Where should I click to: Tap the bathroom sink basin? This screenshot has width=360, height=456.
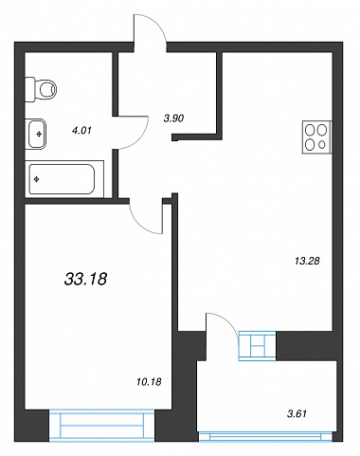tap(36, 134)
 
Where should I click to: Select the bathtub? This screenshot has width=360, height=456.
tap(64, 179)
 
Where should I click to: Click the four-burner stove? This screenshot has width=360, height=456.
tap(316, 137)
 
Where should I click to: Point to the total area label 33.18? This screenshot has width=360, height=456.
tap(86, 279)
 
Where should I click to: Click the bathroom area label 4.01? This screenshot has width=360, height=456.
tap(81, 130)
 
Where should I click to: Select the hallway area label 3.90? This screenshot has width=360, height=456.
tap(173, 119)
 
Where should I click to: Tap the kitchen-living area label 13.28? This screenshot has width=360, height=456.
tap(307, 261)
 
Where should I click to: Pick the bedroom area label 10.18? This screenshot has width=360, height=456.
tap(149, 382)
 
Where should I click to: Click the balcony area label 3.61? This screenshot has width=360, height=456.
tap(297, 413)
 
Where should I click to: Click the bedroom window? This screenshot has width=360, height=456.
tap(101, 426)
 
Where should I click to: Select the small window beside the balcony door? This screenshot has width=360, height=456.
tap(257, 345)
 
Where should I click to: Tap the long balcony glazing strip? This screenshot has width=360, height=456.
tap(265, 436)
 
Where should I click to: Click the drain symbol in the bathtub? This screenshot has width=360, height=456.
tap(37, 179)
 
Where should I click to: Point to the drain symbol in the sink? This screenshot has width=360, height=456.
tap(39, 135)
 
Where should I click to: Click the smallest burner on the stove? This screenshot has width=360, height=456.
tap(322, 145)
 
